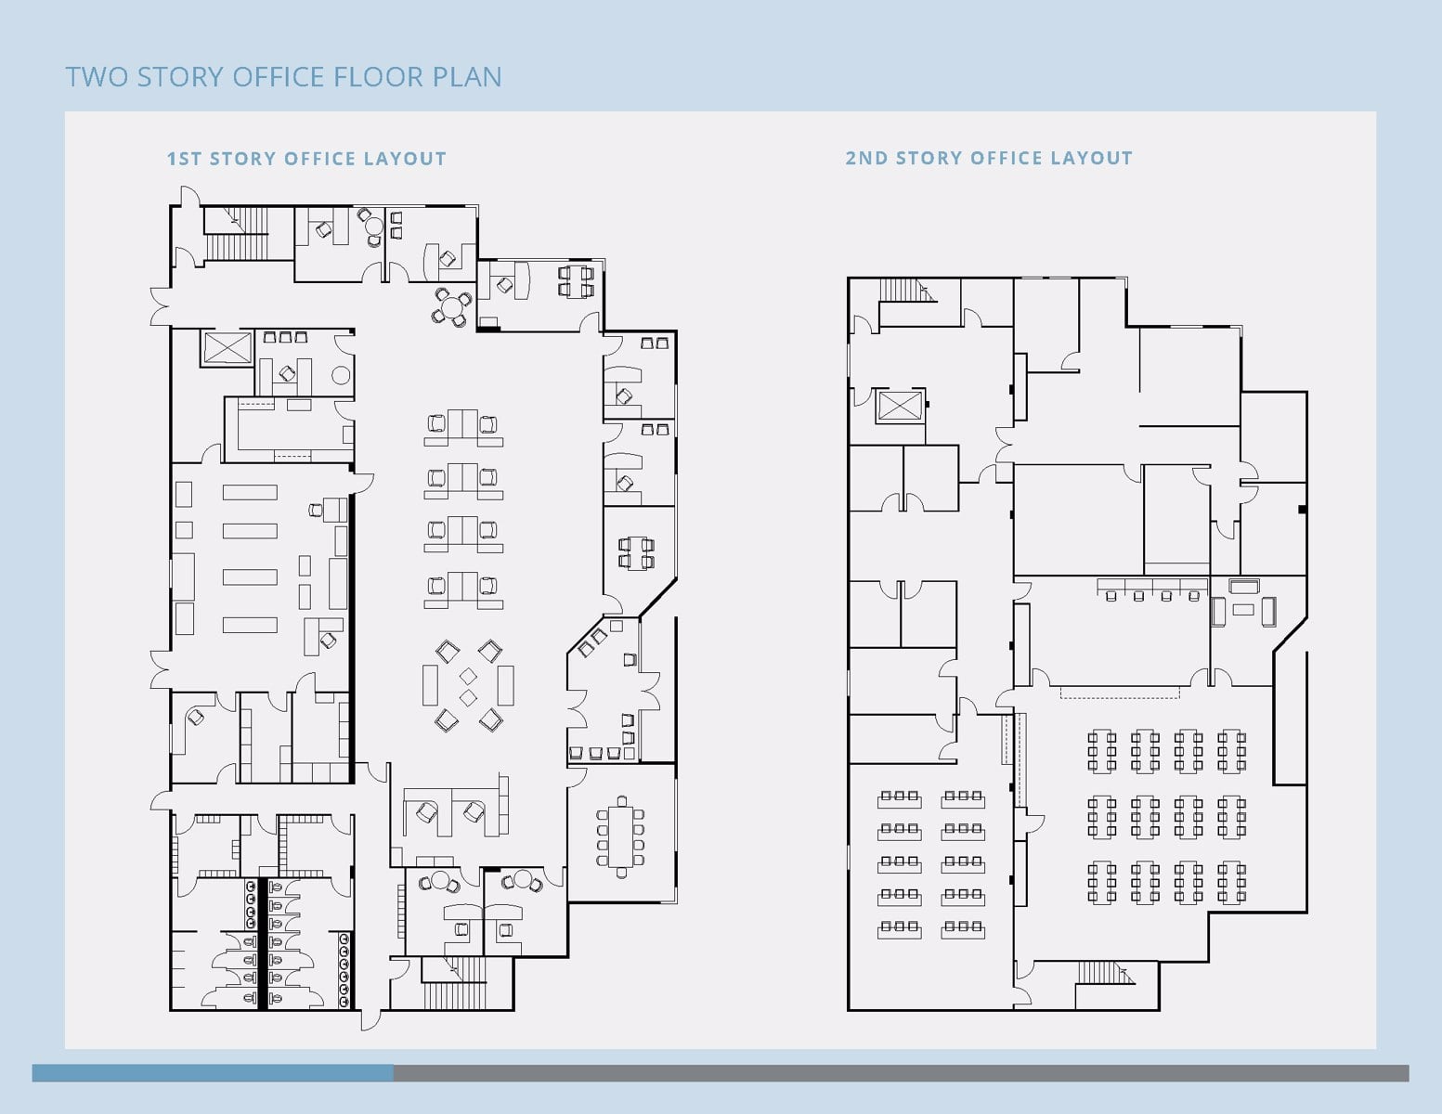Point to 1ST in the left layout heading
coord(184,160)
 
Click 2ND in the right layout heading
coord(865,159)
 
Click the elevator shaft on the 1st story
coord(227,348)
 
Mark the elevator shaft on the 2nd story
coord(899,406)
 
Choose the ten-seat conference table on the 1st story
coord(621,836)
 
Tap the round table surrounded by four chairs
coord(452,307)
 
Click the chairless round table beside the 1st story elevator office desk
coord(341,376)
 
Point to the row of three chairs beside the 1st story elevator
coord(285,337)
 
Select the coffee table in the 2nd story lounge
coord(1243,610)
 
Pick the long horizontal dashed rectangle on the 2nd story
coord(1120,693)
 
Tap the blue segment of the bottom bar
coord(213,1073)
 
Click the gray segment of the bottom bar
coord(902,1073)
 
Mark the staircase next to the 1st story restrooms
coord(455,983)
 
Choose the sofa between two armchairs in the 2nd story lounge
coord(1243,587)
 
